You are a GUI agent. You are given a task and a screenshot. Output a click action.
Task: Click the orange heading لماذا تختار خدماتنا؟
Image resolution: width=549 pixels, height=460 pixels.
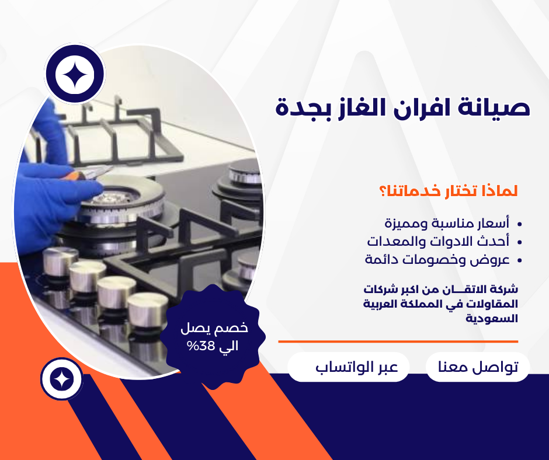point(449,191)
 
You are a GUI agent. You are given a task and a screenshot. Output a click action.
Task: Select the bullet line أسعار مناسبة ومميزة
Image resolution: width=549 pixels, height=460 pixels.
point(447,223)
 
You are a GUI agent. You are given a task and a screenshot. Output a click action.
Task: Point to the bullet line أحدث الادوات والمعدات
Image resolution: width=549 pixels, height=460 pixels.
point(439,241)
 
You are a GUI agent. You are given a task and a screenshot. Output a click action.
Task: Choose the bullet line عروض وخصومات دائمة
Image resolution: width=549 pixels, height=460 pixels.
point(437,260)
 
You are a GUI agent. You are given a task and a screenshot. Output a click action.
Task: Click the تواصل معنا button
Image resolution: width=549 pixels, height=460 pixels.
point(478,367)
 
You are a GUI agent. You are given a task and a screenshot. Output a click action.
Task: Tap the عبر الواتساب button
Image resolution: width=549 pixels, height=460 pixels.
point(348,367)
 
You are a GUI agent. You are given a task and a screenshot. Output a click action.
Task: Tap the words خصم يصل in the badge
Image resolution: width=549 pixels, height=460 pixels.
point(214,328)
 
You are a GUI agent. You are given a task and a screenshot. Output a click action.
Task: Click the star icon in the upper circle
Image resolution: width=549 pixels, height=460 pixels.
point(75,74)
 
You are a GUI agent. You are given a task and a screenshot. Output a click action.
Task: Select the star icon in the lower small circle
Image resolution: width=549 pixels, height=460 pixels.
point(62,379)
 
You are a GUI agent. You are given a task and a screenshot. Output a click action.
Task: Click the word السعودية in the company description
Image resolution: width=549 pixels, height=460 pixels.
point(492,319)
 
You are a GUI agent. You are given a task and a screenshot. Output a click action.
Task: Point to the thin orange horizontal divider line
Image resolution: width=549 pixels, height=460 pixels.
point(398,341)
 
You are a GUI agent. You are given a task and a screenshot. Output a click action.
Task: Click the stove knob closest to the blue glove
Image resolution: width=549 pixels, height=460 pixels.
point(60,261)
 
